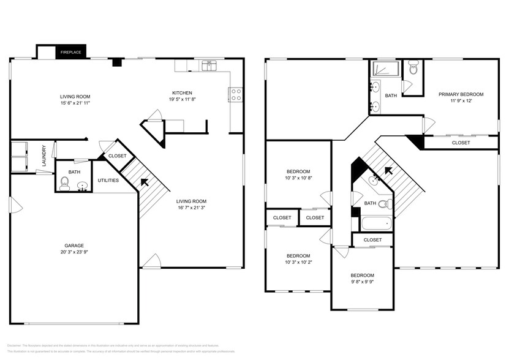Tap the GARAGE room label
click(x=74, y=246)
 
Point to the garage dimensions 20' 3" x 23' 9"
click(x=74, y=252)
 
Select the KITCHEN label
click(x=182, y=93)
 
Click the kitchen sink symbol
click(x=210, y=65)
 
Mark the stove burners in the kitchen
click(x=236, y=94)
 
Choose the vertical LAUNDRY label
click(x=44, y=155)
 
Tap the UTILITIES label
click(x=108, y=181)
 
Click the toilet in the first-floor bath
click(x=65, y=182)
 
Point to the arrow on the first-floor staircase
click(x=145, y=182)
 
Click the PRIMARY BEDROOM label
click(x=461, y=94)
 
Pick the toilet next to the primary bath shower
click(x=413, y=68)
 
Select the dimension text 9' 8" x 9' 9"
click(x=362, y=282)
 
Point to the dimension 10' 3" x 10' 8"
click(x=298, y=178)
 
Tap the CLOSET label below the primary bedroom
click(x=461, y=143)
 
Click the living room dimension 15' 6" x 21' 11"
click(x=75, y=103)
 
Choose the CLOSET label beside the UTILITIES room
click(x=117, y=156)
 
